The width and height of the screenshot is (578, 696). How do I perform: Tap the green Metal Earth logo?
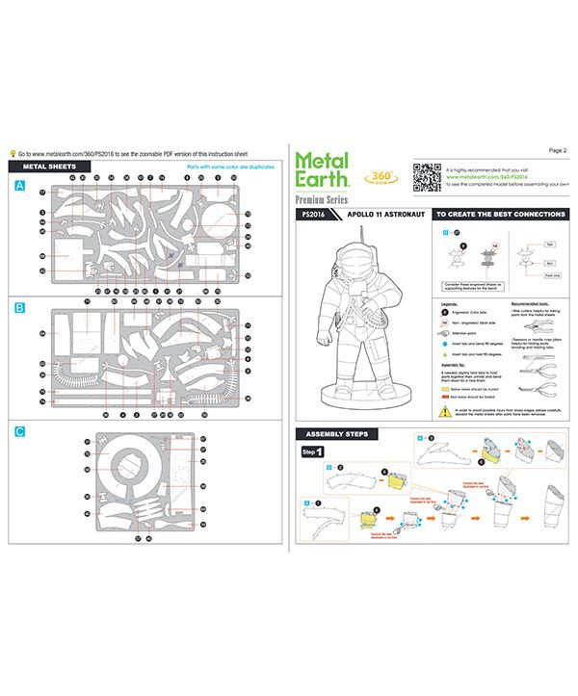coord(322,170)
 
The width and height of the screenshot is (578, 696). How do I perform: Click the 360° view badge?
coord(377,175)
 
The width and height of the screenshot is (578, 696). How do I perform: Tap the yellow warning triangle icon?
coord(443,410)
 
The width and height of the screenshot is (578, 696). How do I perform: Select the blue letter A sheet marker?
coord(18,185)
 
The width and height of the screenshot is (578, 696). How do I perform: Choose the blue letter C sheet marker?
coord(18,431)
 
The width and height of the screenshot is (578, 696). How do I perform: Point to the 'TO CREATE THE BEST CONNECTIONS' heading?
coord(499,214)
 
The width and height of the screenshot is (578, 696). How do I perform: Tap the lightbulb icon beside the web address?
coord(12,152)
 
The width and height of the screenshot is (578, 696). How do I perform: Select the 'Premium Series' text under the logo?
coord(322,198)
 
